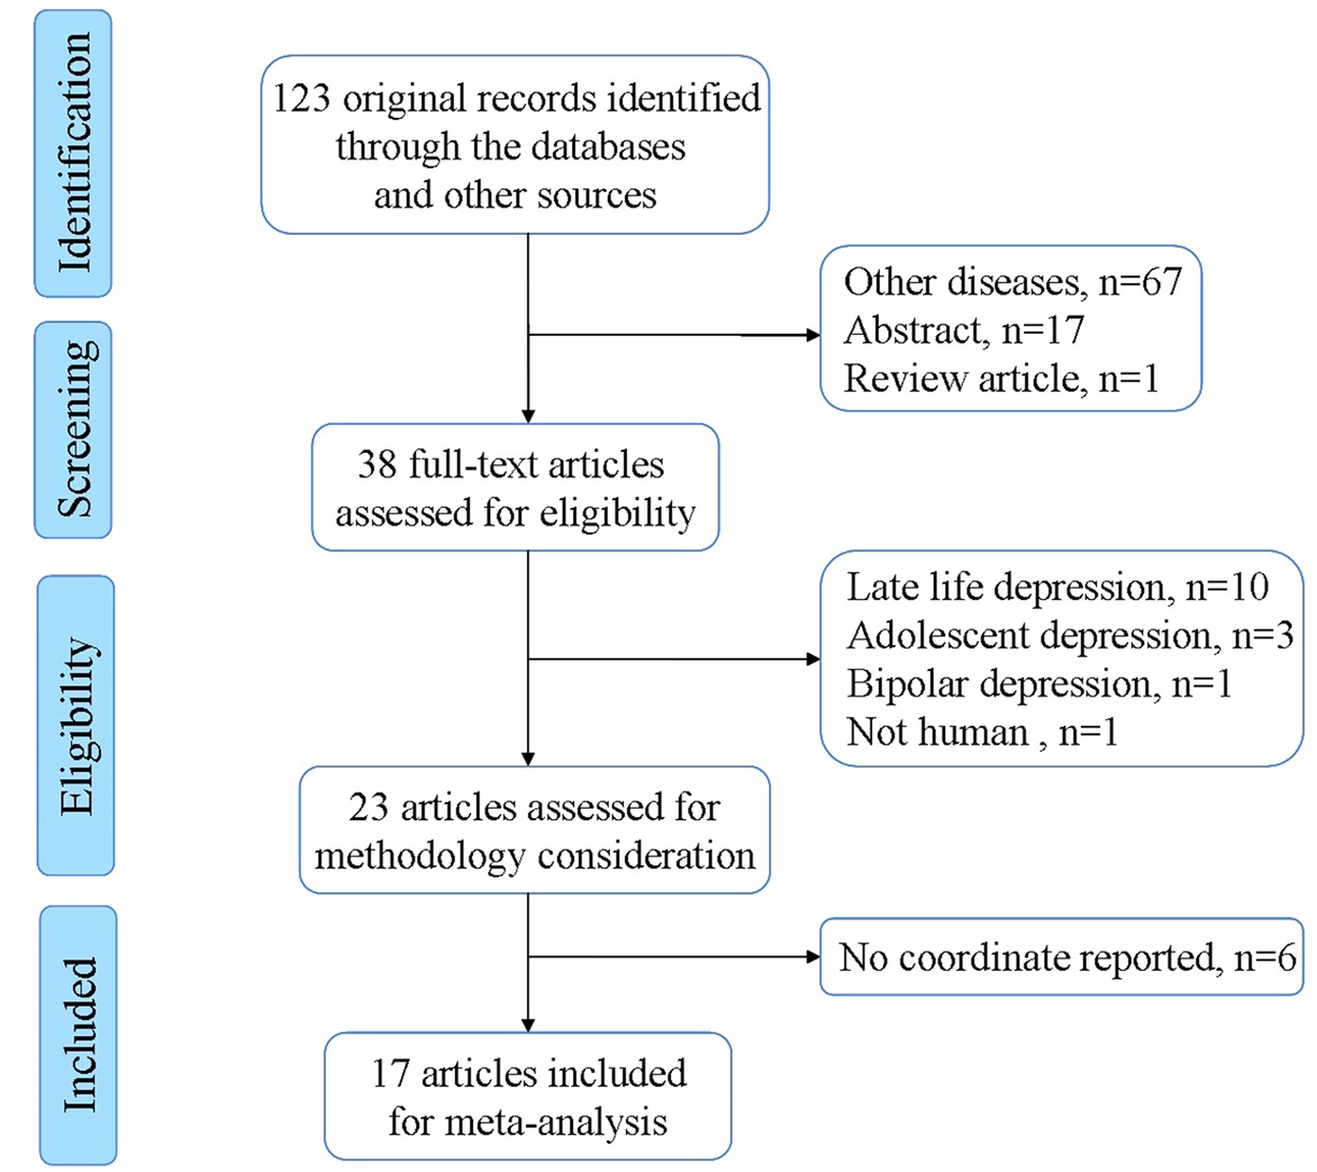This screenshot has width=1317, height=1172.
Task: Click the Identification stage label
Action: [74, 154]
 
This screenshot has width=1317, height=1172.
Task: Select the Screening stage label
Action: [74, 429]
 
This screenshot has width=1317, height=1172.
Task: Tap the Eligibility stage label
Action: [76, 725]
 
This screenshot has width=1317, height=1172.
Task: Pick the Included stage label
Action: [78, 1035]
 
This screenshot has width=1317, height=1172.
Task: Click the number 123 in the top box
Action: [301, 99]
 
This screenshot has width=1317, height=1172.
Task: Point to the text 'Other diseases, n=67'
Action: [1012, 282]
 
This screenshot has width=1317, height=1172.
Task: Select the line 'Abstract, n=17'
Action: [963, 330]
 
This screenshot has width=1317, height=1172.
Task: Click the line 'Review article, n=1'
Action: [1001, 378]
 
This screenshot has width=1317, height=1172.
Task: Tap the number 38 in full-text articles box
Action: [377, 465]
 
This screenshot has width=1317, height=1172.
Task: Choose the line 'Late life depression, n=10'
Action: [1057, 587]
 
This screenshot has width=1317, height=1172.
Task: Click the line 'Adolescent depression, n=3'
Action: [1070, 635]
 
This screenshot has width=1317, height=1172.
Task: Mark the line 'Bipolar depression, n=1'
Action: [1038, 684]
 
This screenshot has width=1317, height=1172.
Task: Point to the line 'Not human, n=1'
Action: [982, 732]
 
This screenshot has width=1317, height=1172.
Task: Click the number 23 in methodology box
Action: [368, 808]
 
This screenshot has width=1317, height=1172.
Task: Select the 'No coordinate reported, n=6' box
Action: [1061, 957]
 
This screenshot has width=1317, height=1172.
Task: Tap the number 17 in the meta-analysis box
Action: [390, 1074]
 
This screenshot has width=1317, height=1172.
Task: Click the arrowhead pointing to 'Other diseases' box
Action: [813, 335]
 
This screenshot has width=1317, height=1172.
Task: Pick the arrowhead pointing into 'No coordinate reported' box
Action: [813, 957]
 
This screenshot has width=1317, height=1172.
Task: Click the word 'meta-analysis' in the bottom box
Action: [555, 1123]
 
